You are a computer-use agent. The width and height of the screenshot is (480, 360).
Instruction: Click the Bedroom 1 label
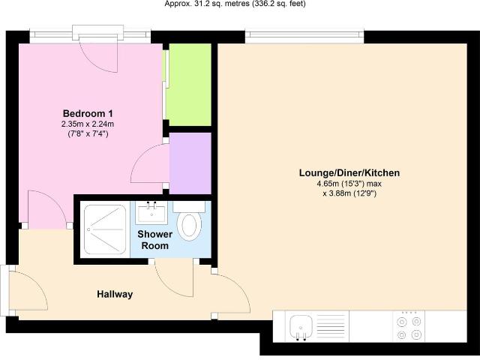tap(88, 113)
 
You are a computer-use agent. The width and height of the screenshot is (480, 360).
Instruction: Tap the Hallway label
tap(115, 295)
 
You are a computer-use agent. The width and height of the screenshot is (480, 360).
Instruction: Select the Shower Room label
tap(155, 240)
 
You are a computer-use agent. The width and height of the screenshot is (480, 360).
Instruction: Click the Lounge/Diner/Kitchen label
tap(349, 173)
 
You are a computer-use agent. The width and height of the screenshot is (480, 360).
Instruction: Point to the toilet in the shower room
tap(189, 222)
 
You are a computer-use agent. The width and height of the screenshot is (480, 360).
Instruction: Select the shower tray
tap(105, 229)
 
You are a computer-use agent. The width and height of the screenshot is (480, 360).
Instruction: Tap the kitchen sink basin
tap(301, 326)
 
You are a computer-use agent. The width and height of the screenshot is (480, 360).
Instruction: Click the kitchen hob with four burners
tap(409, 326)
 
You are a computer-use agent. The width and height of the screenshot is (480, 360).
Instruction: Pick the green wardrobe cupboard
tap(190, 85)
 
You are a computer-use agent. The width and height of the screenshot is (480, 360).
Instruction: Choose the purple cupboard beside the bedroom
tap(190, 163)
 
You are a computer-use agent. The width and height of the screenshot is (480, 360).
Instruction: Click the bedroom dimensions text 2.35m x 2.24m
tap(88, 124)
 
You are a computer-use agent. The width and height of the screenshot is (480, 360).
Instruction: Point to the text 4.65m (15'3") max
tap(349, 184)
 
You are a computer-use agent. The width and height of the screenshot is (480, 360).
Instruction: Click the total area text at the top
tap(235, 4)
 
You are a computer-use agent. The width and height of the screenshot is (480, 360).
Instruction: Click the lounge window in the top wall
tap(304, 37)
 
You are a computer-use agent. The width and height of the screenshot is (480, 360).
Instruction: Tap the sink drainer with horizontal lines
tap(331, 326)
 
